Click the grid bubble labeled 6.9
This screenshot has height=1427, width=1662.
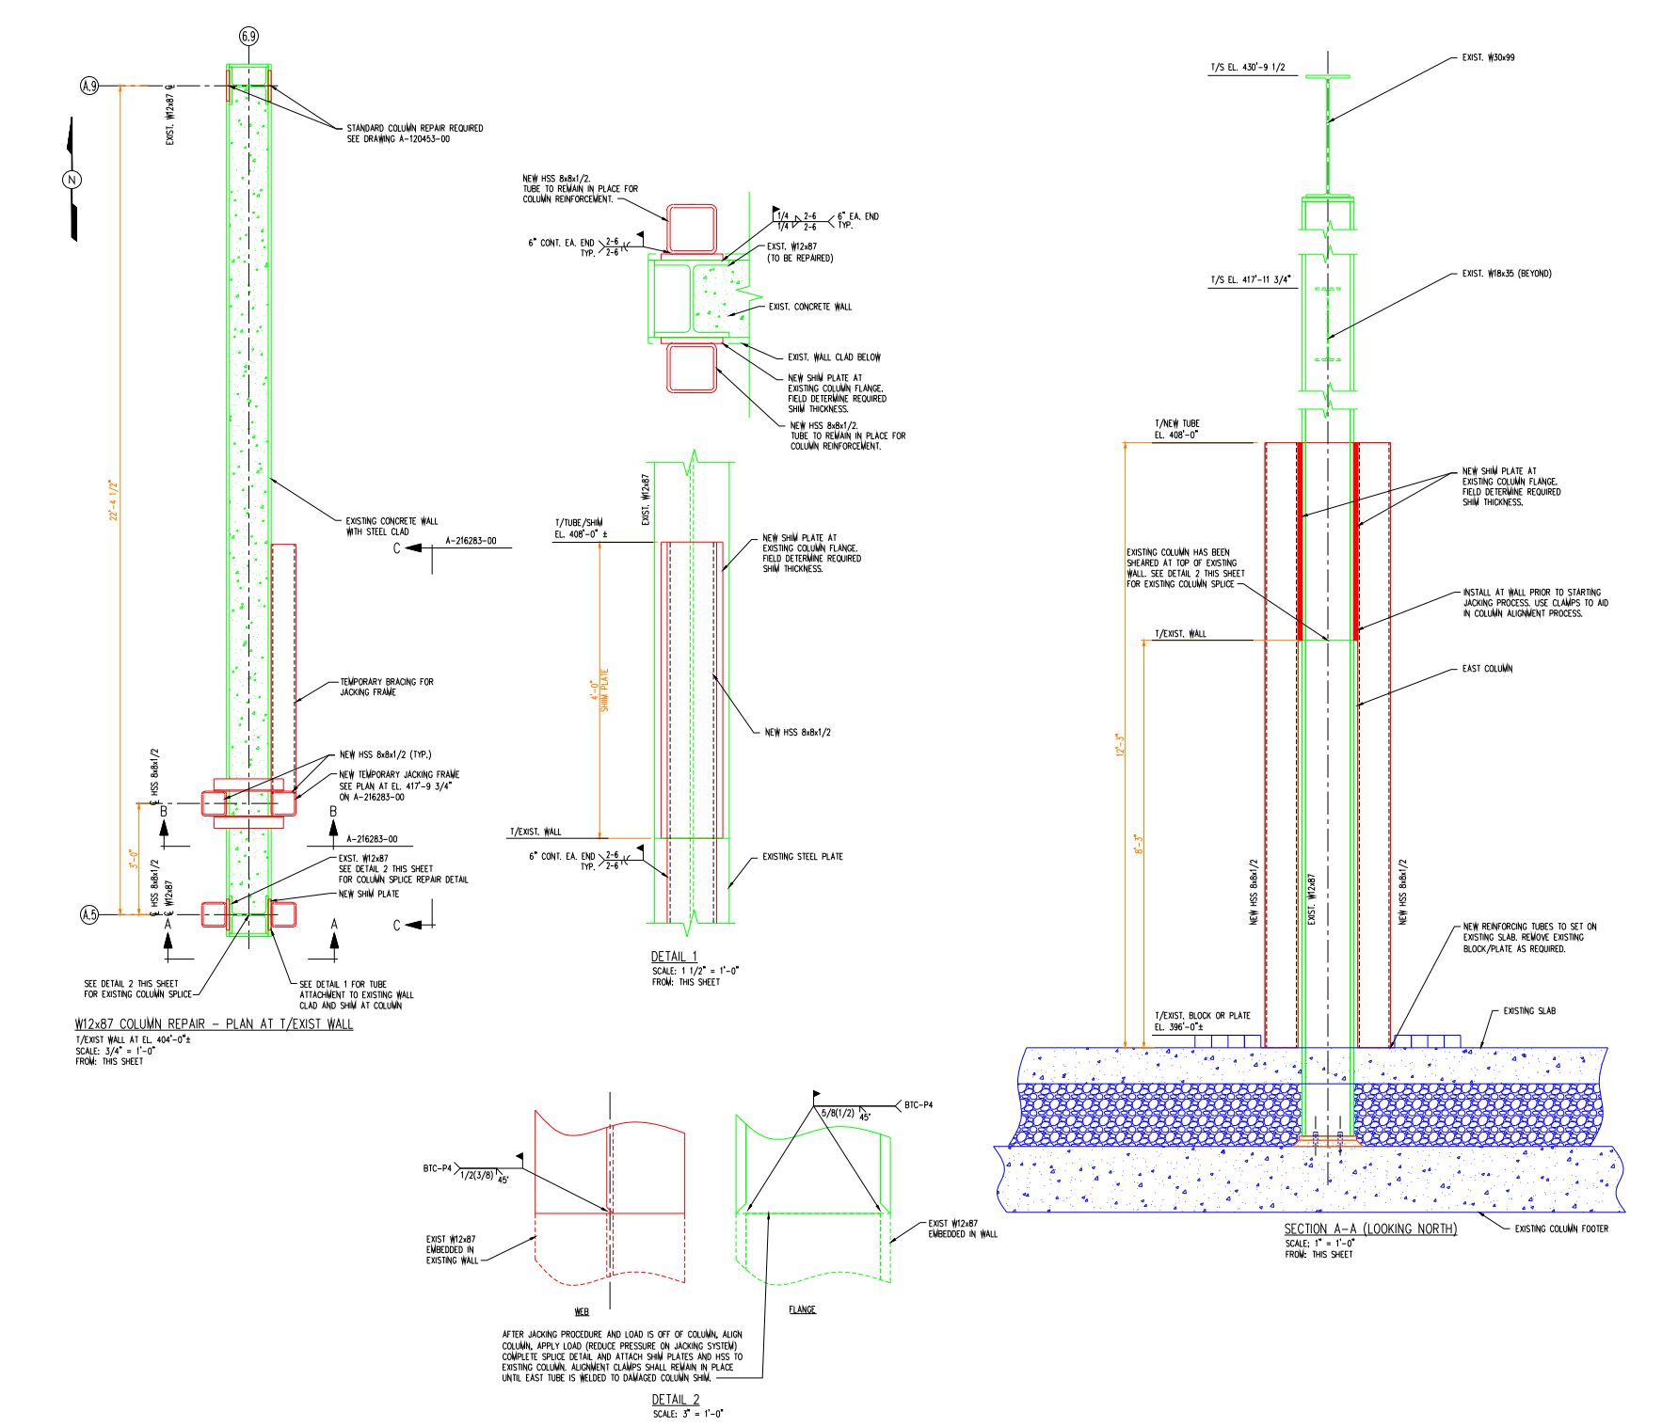[248, 37]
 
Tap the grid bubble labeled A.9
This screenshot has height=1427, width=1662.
[89, 87]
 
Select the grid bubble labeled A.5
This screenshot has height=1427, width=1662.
[89, 913]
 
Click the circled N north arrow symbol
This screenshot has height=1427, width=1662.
[72, 180]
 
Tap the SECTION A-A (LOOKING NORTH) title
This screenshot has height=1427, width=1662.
[1370, 1229]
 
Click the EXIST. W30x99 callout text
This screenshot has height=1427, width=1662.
[1488, 57]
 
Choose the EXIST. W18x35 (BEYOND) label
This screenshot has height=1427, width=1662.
[1506, 274]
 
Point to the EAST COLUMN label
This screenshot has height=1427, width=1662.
[1487, 669]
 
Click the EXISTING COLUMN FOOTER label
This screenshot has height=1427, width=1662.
[1561, 1229]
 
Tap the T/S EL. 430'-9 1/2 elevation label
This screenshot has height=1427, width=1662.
[1247, 67]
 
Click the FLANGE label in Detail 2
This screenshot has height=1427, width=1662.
[802, 1309]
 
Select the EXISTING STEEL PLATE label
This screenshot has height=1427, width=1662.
[802, 857]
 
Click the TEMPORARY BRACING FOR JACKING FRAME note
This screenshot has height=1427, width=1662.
[386, 687]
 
